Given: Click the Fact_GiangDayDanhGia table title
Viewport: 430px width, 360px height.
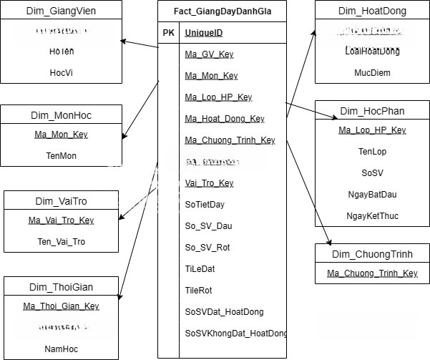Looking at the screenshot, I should pos(222,11).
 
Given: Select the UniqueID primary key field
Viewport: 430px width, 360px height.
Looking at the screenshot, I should pos(203,33).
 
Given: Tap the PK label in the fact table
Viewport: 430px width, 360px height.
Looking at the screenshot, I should pos(168,33).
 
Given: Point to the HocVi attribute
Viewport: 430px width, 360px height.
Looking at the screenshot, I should pos(61,72).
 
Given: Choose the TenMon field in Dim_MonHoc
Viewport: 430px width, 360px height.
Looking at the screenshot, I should pos(61,155).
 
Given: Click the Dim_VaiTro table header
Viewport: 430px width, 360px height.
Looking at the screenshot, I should pos(61,201).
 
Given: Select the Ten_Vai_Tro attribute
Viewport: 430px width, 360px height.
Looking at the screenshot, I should pos(61,241).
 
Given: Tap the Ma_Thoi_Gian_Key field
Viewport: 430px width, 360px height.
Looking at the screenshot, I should pos(61,306).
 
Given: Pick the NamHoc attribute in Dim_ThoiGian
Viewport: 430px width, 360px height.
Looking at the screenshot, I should pos(61,349).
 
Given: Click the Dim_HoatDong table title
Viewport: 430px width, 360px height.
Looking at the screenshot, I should pos(372,11).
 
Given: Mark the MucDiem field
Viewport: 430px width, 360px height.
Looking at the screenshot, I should pos(372,72).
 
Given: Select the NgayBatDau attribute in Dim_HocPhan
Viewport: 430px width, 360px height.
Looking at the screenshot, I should pos(372,194).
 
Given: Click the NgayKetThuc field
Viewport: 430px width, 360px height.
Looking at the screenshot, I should pos(372,215).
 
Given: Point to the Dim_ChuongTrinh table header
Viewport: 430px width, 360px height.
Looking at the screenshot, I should pos(372,254).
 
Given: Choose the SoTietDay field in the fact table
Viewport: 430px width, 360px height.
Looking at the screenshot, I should pos(205,205).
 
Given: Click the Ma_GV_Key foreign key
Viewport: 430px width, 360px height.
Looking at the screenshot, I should pos(209,54).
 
